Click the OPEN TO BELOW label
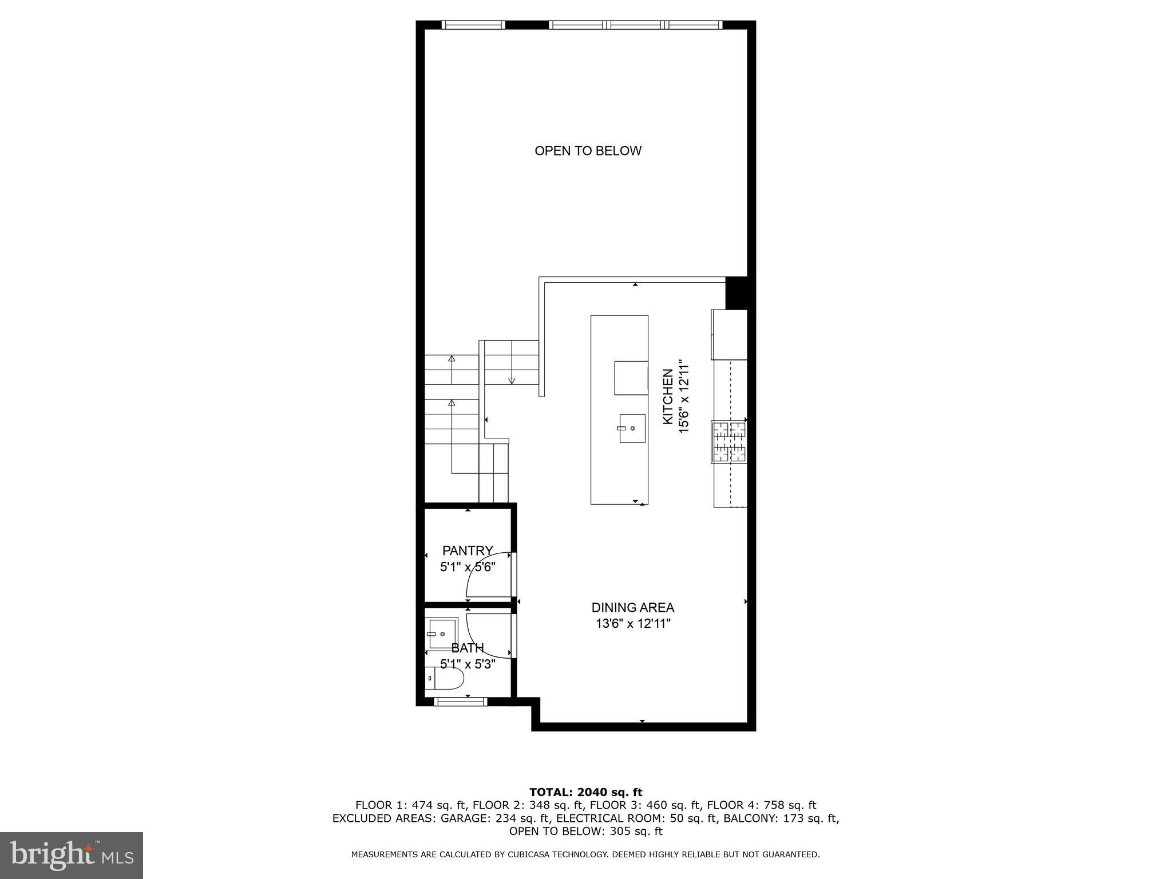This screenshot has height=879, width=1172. pos(588,151)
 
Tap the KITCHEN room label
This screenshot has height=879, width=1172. pos(668,397)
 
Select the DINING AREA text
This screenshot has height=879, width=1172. pos(632,608)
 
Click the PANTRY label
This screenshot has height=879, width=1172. pos(468,551)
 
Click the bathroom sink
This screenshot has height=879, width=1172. pos(442,633)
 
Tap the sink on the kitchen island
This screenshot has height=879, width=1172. pos(632,428)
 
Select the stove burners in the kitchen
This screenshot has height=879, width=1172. pos(729,442)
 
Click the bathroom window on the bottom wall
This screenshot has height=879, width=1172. pos(461,702)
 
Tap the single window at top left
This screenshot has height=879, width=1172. pos(473,25)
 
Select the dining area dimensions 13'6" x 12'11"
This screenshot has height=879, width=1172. pos(632,624)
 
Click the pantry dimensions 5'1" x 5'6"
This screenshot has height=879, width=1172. pos(468,567)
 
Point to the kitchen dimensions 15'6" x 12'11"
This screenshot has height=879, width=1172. pos(683,397)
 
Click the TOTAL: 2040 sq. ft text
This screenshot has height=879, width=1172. pos(585,792)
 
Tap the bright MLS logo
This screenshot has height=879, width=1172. pos(71,855)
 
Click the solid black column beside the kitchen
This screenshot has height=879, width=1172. pos(737,292)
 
